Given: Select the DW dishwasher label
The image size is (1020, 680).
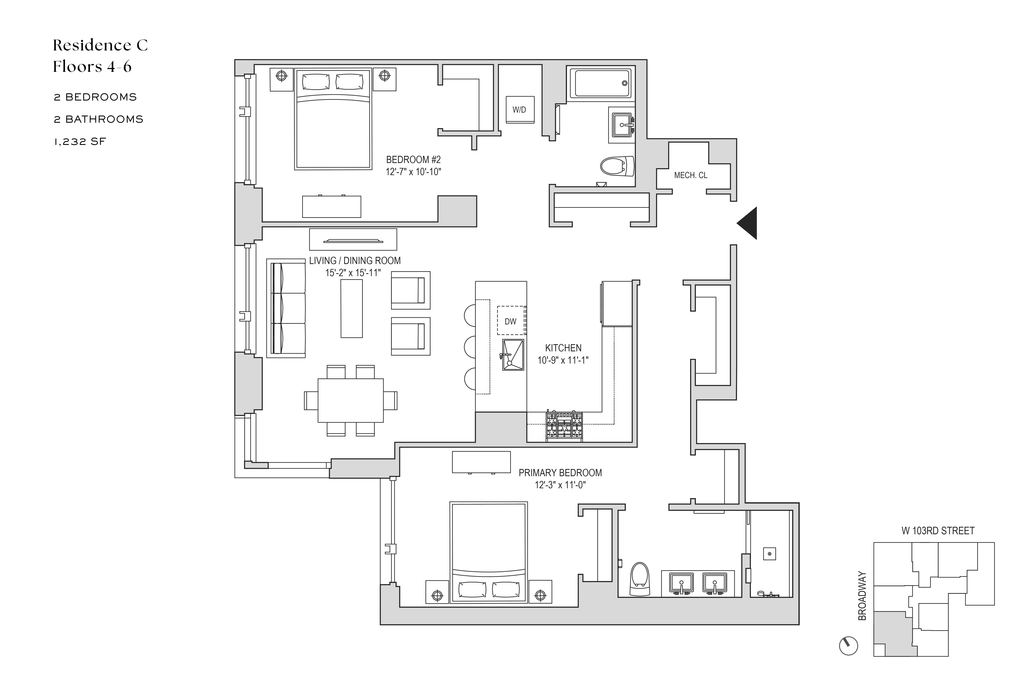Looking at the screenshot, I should [x=510, y=321].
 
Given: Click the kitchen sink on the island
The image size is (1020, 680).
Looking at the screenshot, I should [x=513, y=355].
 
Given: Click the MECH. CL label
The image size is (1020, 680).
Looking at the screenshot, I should [x=690, y=175].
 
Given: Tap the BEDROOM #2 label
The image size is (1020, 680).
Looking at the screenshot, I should [x=413, y=160].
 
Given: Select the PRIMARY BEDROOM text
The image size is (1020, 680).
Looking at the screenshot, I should [x=560, y=473].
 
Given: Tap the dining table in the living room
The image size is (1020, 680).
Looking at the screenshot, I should [x=350, y=400].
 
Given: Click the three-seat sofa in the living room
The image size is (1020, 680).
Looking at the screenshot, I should [x=287, y=308].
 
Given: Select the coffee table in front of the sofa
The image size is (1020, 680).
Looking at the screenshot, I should [x=351, y=308].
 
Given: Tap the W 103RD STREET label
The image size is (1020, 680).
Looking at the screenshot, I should [x=938, y=531].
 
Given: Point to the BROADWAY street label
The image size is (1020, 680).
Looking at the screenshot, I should [x=862, y=596].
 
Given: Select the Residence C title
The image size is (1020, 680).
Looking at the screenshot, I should [x=100, y=45].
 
